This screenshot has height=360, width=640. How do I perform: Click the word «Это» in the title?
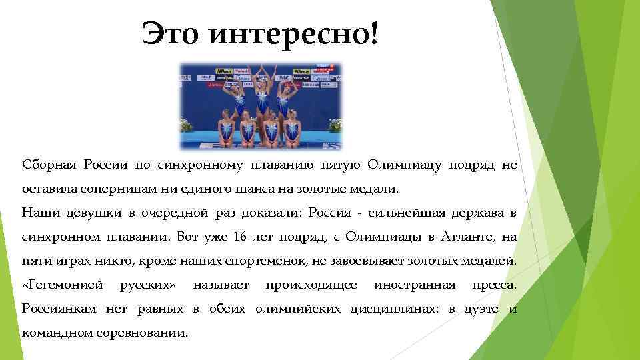point(171,33)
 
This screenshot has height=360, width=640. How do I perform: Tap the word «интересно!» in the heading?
point(293,33)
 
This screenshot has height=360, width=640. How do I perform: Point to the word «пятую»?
point(345,165)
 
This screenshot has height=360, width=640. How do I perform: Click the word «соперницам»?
point(118,189)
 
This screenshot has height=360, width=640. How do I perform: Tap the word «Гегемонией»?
point(63,285)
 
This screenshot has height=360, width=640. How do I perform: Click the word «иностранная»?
point(414,285)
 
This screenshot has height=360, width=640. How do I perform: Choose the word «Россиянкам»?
point(60,309)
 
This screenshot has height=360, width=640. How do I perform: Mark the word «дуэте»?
point(481,309)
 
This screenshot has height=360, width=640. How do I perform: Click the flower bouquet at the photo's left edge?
point(186,124)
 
